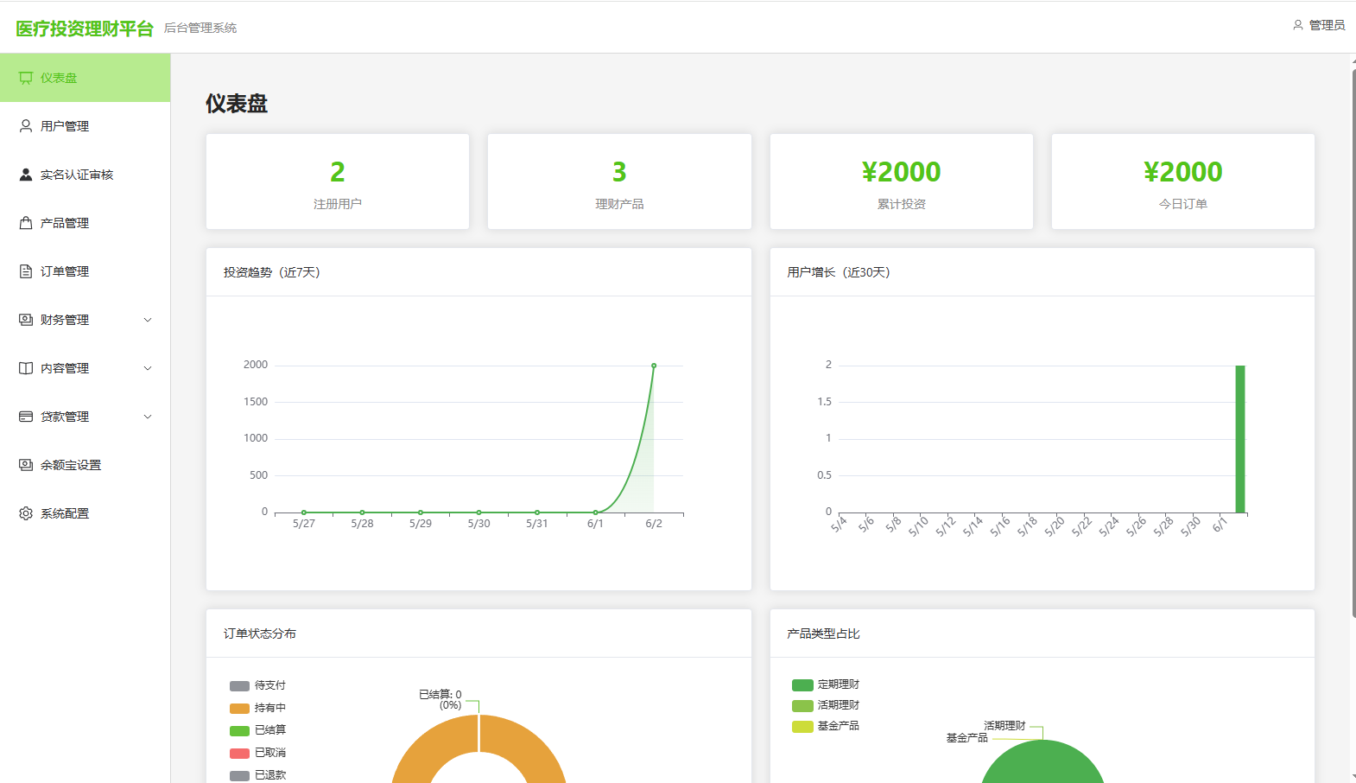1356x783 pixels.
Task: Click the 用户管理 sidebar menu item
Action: point(64,126)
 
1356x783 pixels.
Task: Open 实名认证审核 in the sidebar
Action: point(76,175)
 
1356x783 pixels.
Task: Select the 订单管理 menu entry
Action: point(64,271)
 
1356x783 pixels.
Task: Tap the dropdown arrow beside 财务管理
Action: point(147,320)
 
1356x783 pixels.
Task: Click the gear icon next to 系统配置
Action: point(25,513)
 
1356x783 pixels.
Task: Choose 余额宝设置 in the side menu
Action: point(70,465)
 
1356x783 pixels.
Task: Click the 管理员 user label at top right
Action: point(1327,25)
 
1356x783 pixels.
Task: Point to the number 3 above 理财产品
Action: point(618,172)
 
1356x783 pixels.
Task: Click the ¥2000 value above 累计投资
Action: point(901,172)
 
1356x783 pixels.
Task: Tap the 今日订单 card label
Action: point(1182,204)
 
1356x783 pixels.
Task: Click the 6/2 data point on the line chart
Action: point(654,366)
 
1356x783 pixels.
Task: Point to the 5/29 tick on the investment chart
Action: point(420,523)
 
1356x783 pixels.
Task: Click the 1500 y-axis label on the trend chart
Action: point(256,402)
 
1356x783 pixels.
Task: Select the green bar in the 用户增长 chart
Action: point(1239,439)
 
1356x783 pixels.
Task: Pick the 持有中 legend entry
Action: point(257,707)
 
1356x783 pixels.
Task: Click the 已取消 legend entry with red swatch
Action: point(257,753)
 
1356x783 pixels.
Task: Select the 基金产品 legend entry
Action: point(825,725)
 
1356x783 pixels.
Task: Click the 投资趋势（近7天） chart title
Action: point(271,272)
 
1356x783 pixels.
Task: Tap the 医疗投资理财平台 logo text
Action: point(84,29)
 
